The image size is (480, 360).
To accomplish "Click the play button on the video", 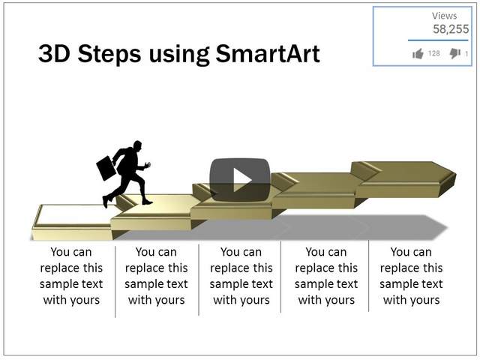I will [x=239, y=180].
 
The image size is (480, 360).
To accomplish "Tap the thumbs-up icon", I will [x=418, y=53].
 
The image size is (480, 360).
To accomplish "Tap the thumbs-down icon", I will [x=454, y=53].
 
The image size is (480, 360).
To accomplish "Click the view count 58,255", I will [x=451, y=29].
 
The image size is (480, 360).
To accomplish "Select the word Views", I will [x=444, y=16].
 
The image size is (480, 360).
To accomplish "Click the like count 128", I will [x=434, y=54].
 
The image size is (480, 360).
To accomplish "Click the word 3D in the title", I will [x=54, y=54].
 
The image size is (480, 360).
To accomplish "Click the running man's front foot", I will [x=146, y=202].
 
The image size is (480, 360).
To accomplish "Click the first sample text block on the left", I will [x=71, y=276].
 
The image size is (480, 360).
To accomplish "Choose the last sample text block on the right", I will [x=411, y=276].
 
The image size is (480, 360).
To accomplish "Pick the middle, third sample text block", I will [x=241, y=276].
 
